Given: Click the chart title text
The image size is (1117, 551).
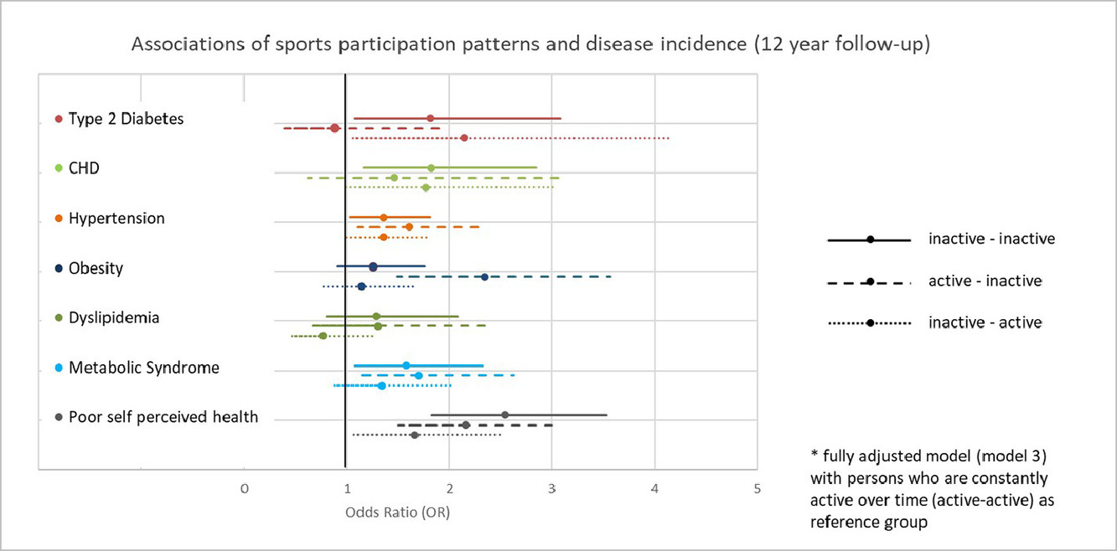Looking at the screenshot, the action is pos(530,44).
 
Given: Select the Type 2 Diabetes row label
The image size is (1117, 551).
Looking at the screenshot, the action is pos(127,119).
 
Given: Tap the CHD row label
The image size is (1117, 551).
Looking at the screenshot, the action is pos(84,168).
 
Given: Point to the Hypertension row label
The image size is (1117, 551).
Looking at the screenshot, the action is pos(116,219).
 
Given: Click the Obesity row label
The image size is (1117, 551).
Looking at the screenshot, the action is pos(96,268).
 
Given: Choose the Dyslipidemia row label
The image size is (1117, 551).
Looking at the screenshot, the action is pos(114,318).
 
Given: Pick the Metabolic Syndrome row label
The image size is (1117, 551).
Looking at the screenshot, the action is pos(144,368).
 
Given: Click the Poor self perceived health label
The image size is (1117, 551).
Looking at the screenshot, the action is pos(163,417).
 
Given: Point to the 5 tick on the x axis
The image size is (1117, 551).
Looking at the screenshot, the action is pos(757,489).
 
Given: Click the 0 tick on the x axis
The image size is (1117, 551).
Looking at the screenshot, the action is pos(245,489).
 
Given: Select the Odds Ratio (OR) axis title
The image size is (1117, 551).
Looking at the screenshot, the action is pos(397,512).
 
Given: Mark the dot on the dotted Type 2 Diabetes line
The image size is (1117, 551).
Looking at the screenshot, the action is pos(464,138).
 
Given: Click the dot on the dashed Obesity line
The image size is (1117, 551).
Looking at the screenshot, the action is pos(484,277).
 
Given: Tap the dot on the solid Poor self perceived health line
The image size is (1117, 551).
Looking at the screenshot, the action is pos(505,415).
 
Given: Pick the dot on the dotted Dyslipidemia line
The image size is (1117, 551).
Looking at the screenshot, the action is pos(323,336).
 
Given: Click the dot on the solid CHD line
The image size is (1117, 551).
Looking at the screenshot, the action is pos(432,167).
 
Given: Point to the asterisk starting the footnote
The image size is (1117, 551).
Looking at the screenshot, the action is pos(814,454).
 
